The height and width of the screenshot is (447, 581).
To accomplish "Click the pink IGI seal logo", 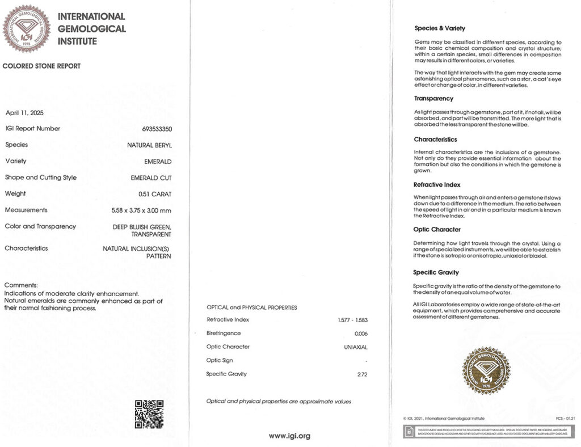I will [x=27, y=28].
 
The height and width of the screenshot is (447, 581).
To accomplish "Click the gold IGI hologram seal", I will [x=486, y=370].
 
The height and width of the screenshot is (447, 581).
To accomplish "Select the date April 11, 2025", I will [x=24, y=112].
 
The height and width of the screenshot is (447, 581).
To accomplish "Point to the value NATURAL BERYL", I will [x=149, y=145].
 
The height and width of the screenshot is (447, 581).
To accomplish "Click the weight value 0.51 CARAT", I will [x=154, y=194].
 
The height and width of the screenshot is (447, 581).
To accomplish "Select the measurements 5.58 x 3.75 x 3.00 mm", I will [x=141, y=210].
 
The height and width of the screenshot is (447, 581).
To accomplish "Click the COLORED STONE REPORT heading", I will [x=41, y=66].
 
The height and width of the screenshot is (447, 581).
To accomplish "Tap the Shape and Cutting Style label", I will [x=40, y=178].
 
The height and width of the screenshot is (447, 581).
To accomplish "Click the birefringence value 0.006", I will [x=361, y=334].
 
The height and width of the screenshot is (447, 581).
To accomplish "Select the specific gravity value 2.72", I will [x=362, y=374].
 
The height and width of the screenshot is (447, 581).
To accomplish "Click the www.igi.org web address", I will [x=289, y=436].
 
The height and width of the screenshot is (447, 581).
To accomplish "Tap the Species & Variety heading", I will [x=440, y=28].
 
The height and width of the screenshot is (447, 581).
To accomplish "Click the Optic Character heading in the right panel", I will [x=437, y=230].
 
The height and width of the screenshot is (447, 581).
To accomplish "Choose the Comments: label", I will [x=21, y=285].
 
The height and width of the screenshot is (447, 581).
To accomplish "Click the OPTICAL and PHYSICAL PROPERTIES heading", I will [x=251, y=307].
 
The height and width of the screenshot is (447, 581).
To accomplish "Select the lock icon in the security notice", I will [x=408, y=433].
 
